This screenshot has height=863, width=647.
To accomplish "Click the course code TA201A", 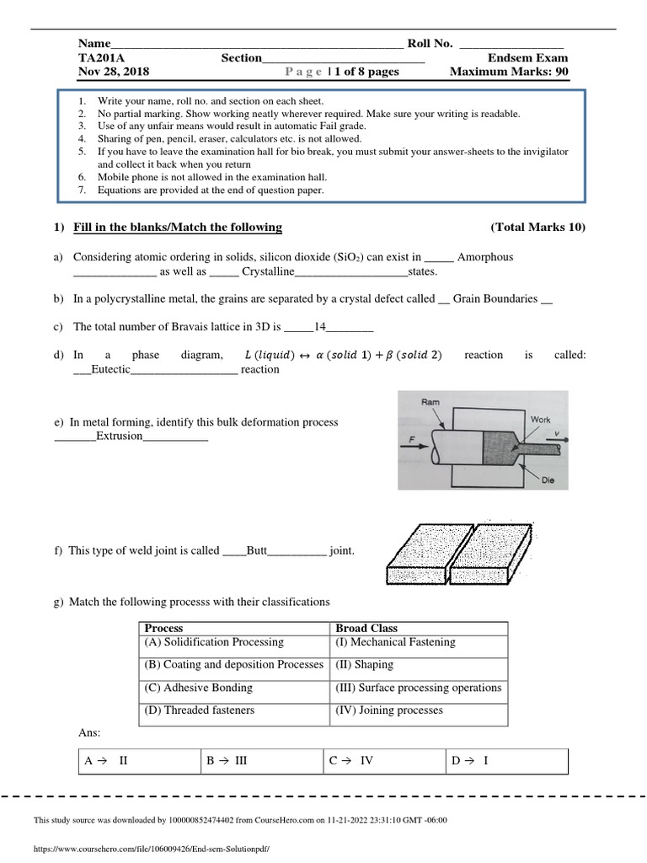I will (102, 57).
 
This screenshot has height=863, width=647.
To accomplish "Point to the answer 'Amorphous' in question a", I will (484, 257).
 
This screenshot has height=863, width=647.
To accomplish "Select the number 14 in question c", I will (319, 327).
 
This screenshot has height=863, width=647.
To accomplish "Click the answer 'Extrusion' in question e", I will (120, 436).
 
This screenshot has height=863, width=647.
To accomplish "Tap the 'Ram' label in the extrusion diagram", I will (431, 403).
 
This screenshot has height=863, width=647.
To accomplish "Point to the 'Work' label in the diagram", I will (541, 418).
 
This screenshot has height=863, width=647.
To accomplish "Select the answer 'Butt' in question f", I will (256, 550).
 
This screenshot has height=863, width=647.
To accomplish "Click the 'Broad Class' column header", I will (366, 628).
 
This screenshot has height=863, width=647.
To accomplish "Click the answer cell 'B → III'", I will (227, 760).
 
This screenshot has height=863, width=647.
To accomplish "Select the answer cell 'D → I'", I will (470, 760).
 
